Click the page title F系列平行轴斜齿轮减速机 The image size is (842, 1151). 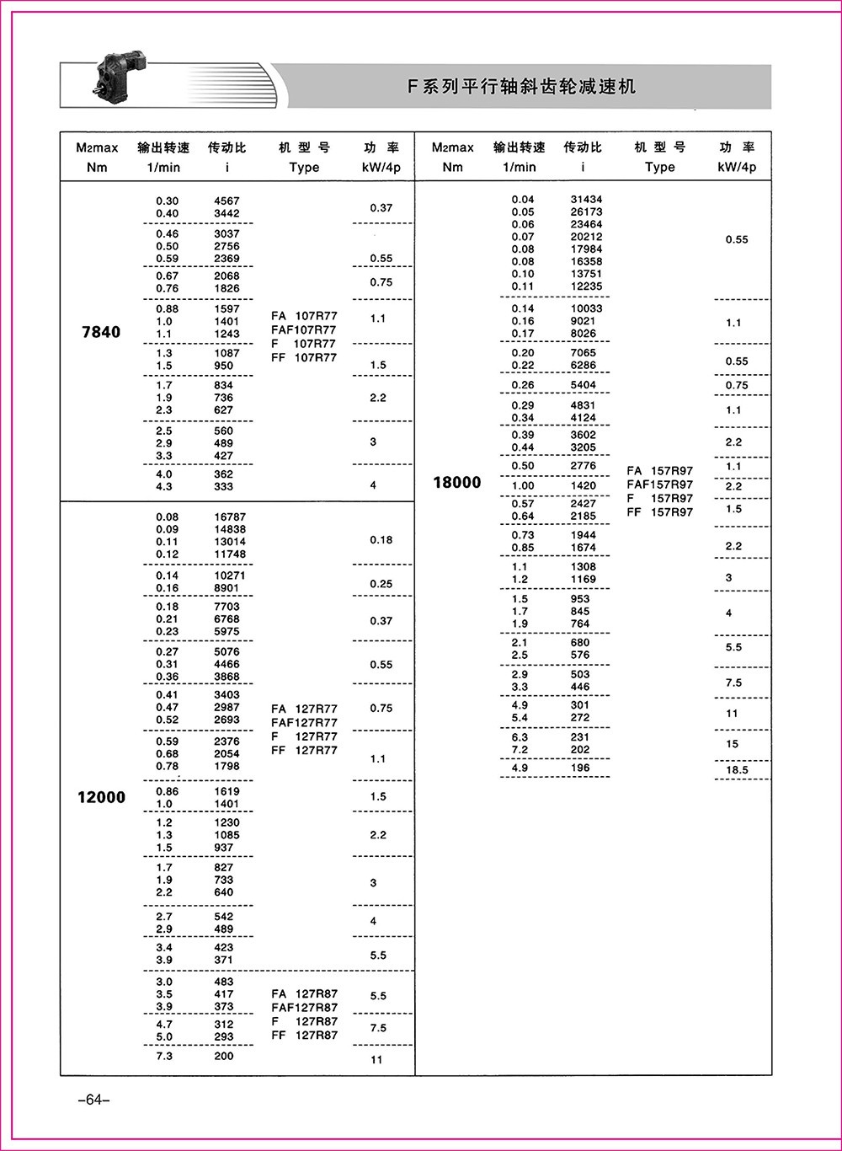(x=522, y=87)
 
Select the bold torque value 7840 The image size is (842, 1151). (x=101, y=332)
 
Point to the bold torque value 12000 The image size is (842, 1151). (x=101, y=797)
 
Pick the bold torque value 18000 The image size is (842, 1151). (x=457, y=482)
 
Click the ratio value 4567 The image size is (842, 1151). (x=226, y=201)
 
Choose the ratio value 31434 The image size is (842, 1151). (x=586, y=200)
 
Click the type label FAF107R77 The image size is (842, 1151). (x=304, y=329)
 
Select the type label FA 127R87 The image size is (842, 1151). (x=304, y=993)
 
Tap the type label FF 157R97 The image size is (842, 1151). (x=660, y=512)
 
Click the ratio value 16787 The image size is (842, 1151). (x=230, y=517)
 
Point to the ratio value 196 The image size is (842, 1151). (x=580, y=768)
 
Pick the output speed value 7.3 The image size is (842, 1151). (x=164, y=1056)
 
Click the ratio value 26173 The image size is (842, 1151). (x=586, y=212)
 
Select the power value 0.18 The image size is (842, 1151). (x=381, y=540)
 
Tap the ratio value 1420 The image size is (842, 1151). (x=583, y=485)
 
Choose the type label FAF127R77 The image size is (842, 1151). (x=304, y=722)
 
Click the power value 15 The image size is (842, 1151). (x=733, y=744)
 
